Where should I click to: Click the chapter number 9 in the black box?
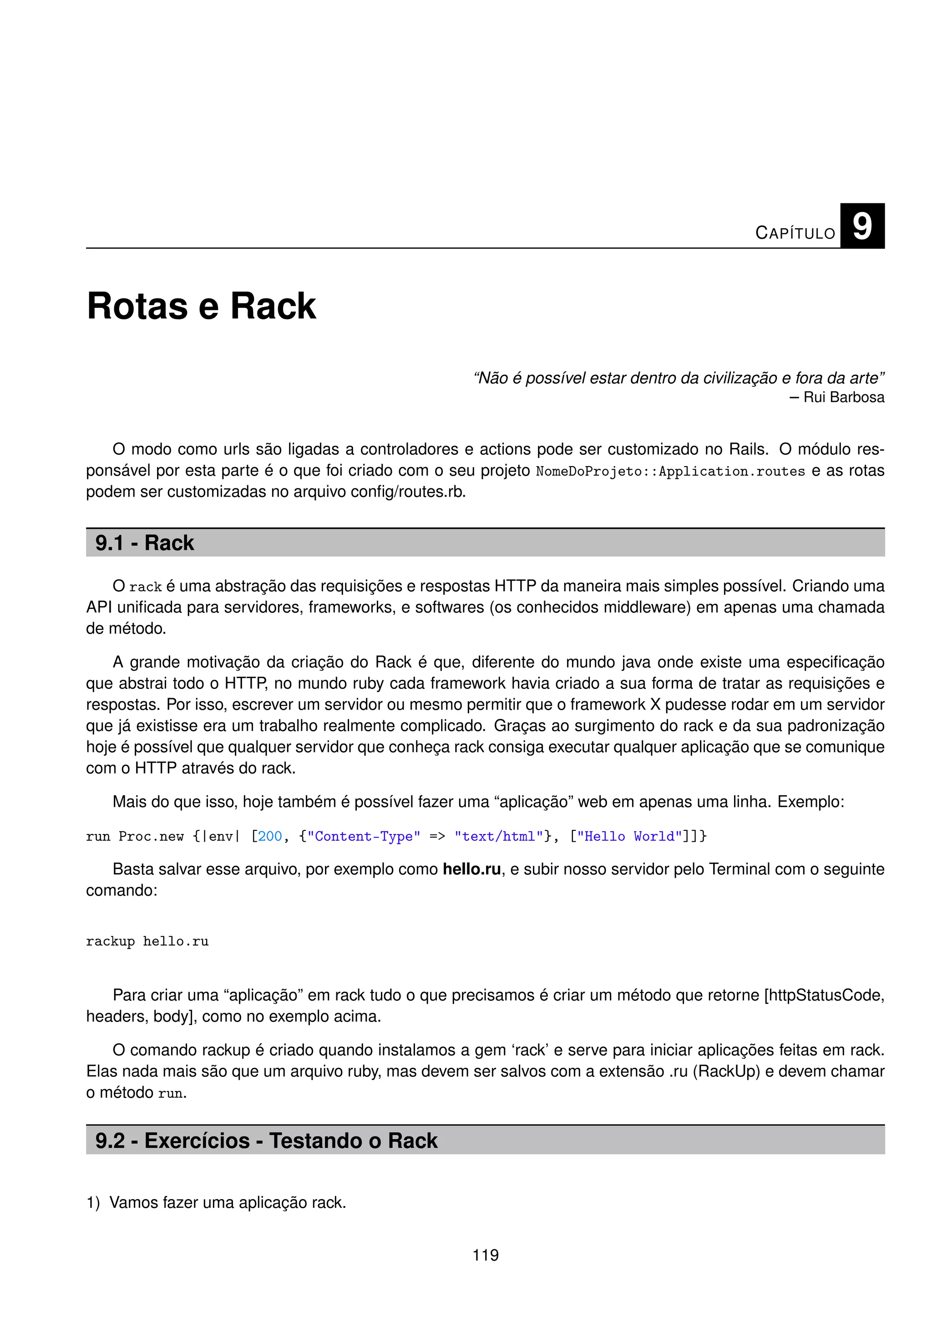pos(861,226)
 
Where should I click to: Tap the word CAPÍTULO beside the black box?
pos(795,233)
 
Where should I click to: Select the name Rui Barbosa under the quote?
pos(844,397)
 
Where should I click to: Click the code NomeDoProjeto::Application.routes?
pos(670,471)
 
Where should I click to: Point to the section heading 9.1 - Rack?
pos(145,543)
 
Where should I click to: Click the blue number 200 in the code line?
pos(270,836)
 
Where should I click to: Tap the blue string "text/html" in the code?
pos(498,836)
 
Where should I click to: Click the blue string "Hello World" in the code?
pos(629,836)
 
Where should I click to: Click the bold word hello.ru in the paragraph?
pos(472,869)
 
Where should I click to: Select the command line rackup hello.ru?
pos(147,941)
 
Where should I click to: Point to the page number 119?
pos(486,1255)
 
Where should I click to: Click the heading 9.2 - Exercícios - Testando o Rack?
pos(266,1141)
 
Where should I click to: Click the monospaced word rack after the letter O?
pos(145,587)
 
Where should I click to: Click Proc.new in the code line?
pos(151,836)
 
